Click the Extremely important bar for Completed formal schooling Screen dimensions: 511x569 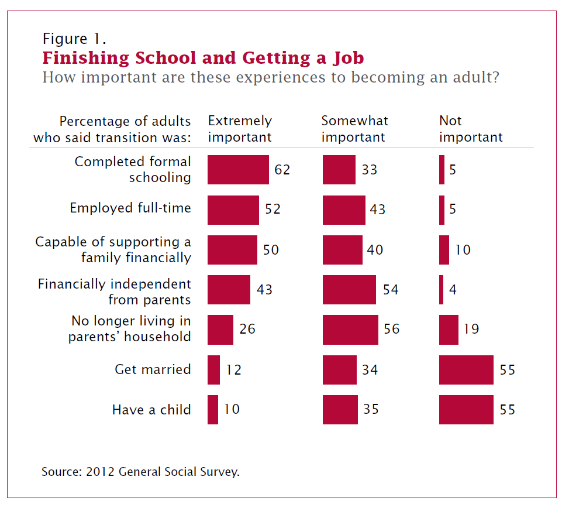pos(238,170)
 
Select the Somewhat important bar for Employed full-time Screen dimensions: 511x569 pos(344,210)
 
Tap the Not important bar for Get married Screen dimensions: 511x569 pos(466,370)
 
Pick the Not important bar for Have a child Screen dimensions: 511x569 pos(466,409)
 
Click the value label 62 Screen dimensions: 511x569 pos(282,170)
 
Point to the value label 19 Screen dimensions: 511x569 pos(471,329)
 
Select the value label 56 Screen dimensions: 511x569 pos(392,329)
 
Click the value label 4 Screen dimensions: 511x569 pos(453,290)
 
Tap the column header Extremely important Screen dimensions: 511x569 pos(240,129)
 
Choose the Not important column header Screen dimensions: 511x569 pos(471,129)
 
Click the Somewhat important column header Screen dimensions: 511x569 pos(354,129)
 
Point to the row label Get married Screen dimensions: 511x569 pos(153,369)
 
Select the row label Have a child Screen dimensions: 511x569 pos(151,409)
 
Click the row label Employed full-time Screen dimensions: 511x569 pos(130,208)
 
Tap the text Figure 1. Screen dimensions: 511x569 pos(74,39)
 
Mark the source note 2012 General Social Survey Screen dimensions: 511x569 pos(140,472)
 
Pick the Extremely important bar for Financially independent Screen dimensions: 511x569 pos(229,290)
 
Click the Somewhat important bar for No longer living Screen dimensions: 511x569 pos(350,330)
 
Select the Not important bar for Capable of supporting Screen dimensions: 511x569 pos(444,250)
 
